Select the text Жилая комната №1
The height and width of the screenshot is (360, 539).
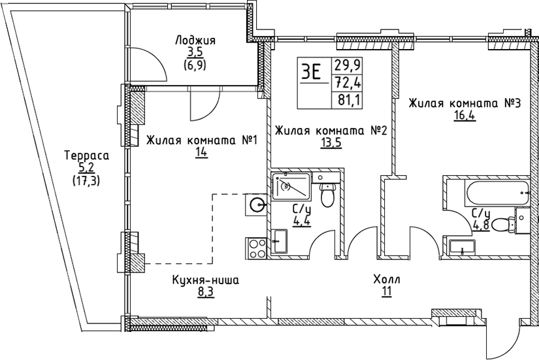[x=203, y=140]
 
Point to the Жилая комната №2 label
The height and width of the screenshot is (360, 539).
[x=331, y=131]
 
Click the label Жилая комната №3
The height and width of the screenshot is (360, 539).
[x=464, y=104]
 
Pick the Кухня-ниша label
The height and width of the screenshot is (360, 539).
[x=206, y=281]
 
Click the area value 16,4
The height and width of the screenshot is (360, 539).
[x=464, y=117]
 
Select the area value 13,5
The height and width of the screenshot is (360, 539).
[x=331, y=144]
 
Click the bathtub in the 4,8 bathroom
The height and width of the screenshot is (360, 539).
[x=491, y=192]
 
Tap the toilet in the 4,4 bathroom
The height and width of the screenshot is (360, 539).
[x=329, y=194]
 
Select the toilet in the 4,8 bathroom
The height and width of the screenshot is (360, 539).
[x=502, y=224]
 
